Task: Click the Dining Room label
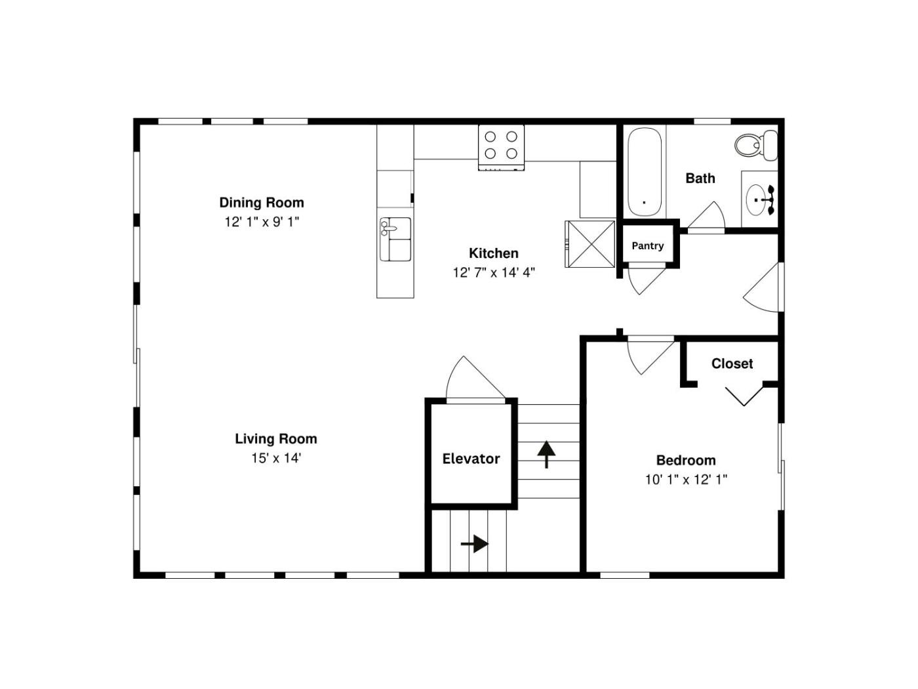(262, 203)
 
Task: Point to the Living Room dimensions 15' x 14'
(276, 458)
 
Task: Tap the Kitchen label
(494, 253)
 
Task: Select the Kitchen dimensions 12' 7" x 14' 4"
(494, 273)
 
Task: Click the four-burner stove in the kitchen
(501, 148)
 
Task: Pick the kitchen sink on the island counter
(395, 239)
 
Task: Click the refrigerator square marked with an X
(590, 244)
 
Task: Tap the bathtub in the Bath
(645, 172)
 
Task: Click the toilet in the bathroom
(756, 145)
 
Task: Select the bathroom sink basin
(756, 200)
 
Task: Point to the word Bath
(700, 178)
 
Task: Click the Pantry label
(647, 245)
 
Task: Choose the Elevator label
(471, 459)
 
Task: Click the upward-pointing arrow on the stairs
(546, 454)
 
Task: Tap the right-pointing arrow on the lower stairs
(475, 544)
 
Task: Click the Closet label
(732, 364)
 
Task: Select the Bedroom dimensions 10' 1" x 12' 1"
(686, 480)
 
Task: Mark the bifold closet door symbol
(744, 396)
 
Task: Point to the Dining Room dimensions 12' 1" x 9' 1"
(262, 222)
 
